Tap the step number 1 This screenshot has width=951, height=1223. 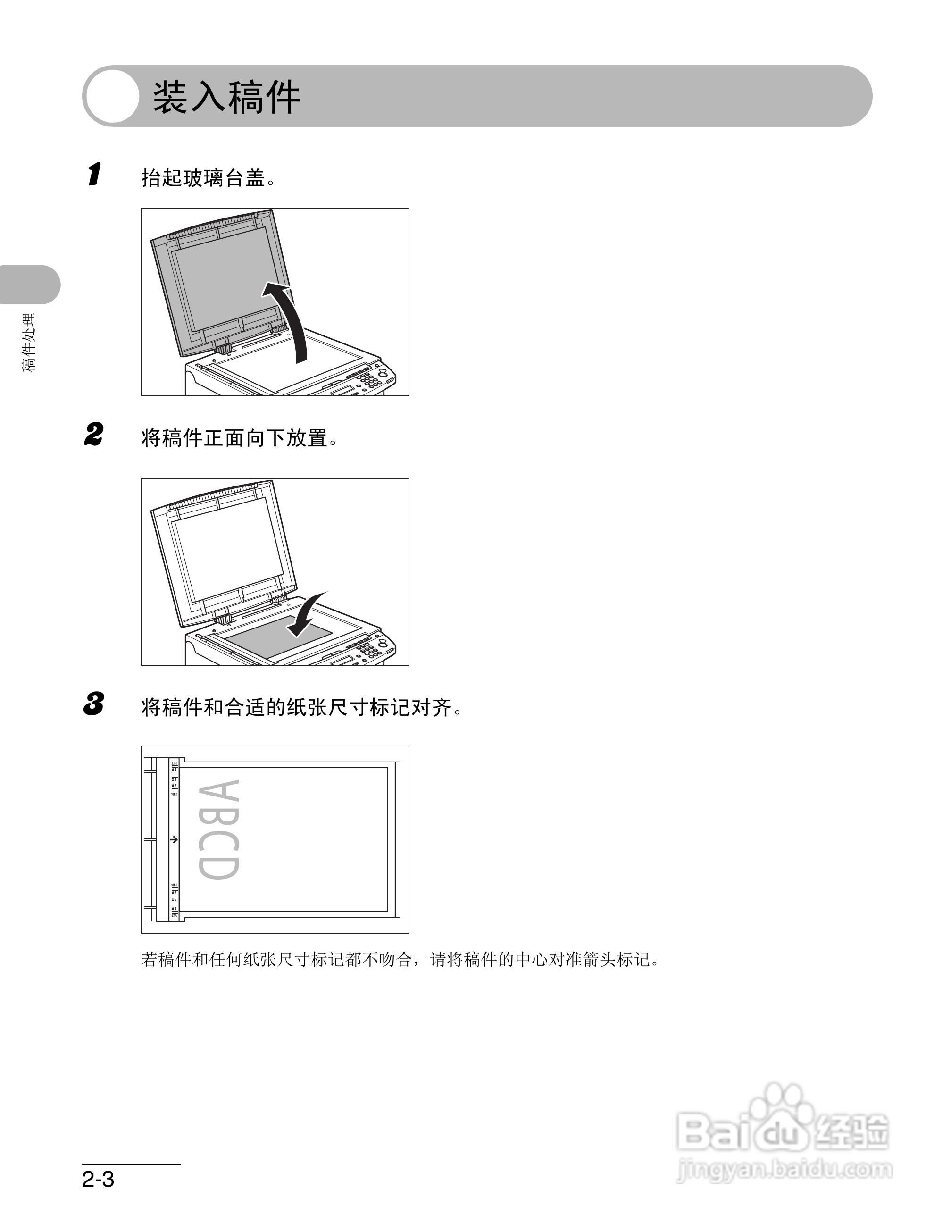click(x=95, y=174)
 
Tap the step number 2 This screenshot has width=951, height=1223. click(x=94, y=435)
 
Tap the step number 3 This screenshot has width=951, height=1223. click(x=94, y=704)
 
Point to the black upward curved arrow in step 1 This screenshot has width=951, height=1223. click(x=291, y=319)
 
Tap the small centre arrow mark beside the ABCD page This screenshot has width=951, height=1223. click(x=174, y=839)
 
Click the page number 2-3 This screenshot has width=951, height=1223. click(x=99, y=1179)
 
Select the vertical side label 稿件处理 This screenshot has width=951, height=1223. click(x=29, y=343)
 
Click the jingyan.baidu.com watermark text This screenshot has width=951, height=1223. click(x=784, y=1169)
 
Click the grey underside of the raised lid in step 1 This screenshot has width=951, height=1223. click(x=224, y=285)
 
